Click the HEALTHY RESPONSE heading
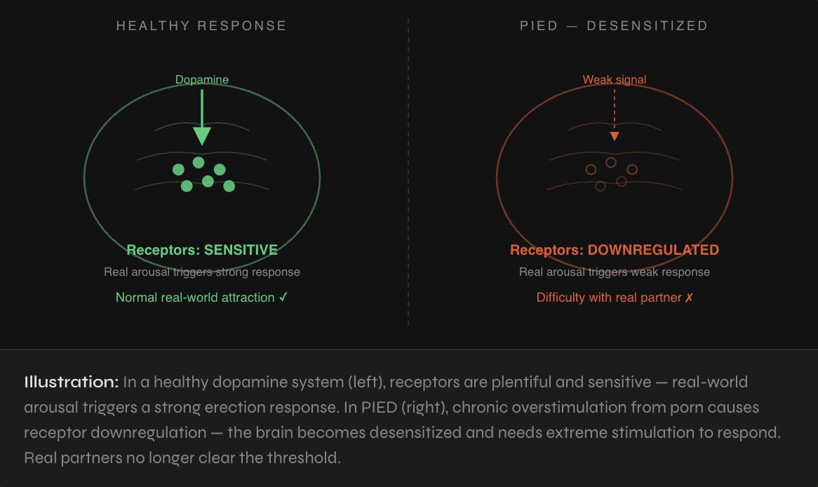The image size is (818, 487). (201, 26)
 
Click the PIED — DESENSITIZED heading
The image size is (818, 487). (614, 26)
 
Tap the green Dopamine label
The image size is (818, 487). (202, 80)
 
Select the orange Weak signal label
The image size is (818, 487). (615, 80)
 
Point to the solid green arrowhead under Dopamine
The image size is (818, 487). (202, 135)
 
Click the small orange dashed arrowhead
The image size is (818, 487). (615, 137)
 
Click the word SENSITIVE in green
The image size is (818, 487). (241, 250)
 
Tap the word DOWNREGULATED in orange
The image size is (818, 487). (653, 250)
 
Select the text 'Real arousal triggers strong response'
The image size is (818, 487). (202, 272)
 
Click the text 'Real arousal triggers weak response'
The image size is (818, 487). (615, 272)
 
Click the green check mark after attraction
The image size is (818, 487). (283, 298)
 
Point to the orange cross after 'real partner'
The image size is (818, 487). (689, 298)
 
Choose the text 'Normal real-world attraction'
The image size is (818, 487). (195, 298)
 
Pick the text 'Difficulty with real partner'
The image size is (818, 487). (609, 298)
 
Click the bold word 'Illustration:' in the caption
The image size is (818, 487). (71, 382)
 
